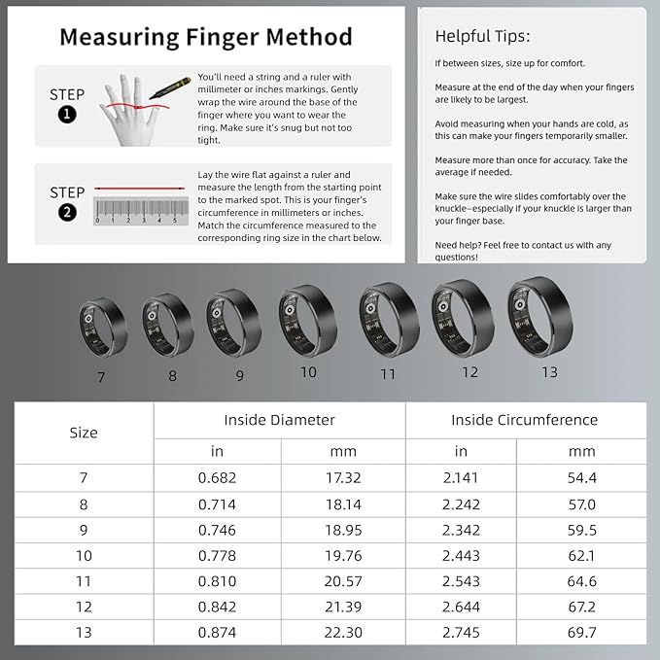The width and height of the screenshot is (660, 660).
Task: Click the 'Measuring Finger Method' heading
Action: (206, 37)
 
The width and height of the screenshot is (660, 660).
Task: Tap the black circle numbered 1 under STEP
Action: (67, 115)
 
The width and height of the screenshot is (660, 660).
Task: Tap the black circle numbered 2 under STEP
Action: (67, 213)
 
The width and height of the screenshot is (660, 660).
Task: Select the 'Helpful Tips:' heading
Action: (482, 36)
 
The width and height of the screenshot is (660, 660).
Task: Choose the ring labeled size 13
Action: (538, 310)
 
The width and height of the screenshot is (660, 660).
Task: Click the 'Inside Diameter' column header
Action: (279, 420)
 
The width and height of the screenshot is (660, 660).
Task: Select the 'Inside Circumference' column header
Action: (524, 420)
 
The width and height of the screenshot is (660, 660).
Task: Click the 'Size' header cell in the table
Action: (85, 433)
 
